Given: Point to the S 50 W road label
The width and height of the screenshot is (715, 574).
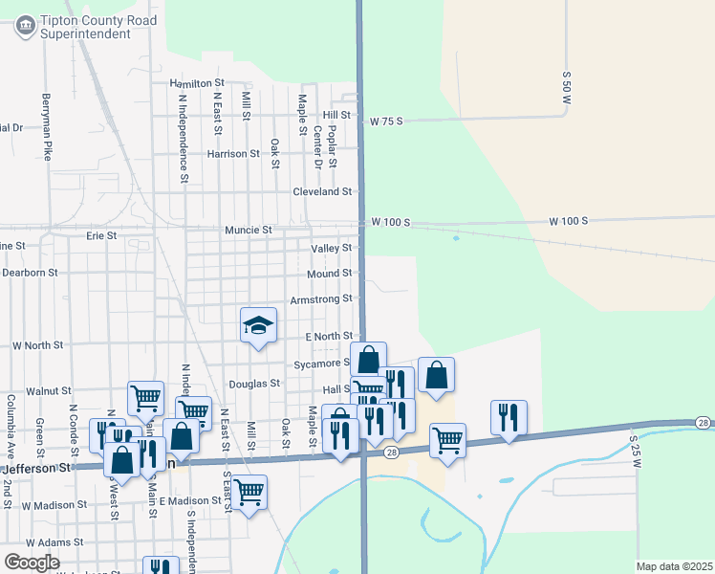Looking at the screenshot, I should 566,87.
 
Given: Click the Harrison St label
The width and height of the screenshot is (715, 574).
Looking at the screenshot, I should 233,153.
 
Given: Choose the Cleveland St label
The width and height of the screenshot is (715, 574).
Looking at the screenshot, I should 322,191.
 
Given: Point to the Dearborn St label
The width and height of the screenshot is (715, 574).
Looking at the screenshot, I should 31,273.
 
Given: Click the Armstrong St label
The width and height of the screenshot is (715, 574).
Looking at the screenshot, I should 321,299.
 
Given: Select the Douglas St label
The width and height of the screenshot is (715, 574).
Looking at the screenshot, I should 255,384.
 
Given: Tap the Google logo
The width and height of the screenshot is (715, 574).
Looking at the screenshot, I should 32,563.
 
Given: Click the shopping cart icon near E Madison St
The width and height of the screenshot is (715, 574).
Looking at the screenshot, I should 249,492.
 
